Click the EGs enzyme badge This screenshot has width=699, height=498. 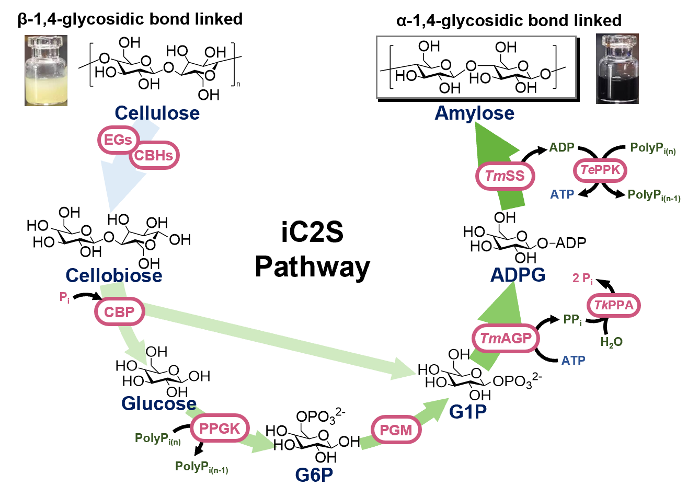[118, 140]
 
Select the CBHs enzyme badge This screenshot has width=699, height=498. [154, 155]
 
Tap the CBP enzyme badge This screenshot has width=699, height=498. [119, 312]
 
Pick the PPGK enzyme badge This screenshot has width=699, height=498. [220, 428]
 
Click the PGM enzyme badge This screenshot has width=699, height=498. [396, 430]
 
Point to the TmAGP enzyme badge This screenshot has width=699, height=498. [506, 339]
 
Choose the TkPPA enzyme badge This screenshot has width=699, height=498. [614, 305]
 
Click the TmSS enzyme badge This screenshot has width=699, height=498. [505, 176]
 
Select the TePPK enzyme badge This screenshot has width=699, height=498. [600, 170]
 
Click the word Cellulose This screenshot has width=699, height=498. [157, 113]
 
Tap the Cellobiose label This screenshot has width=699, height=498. [113, 275]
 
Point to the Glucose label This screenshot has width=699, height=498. [159, 403]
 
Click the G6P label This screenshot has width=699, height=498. [314, 474]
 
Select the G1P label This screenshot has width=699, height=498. [468, 412]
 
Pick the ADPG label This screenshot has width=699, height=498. [518, 275]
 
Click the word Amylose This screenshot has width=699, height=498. [474, 113]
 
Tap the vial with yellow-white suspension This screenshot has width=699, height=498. [46, 71]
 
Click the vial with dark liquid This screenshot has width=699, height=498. [617, 69]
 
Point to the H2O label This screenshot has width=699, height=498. [611, 342]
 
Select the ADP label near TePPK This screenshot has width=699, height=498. [562, 147]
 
